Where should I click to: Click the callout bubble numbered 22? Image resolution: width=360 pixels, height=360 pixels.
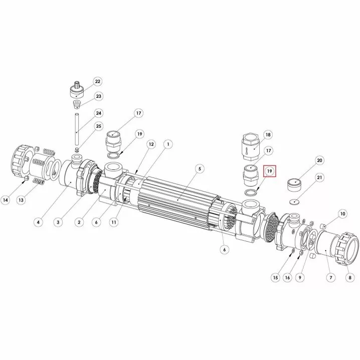98,82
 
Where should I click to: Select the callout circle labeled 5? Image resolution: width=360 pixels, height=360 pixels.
200,169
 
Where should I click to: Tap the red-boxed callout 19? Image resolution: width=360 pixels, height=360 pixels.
270,171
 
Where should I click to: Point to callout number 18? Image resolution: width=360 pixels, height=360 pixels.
268,135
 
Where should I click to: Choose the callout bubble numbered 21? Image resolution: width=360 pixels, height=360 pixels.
319,177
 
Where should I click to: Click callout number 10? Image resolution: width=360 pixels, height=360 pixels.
342,214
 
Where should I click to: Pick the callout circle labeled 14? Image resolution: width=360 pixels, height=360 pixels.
6,200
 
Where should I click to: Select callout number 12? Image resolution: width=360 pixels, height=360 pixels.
151,144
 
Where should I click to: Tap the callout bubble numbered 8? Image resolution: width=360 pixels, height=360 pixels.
350,278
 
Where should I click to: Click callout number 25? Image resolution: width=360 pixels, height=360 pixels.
98,126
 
